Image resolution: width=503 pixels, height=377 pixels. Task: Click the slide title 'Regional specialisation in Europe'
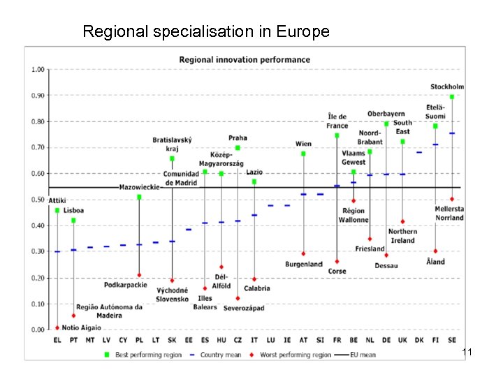pos(205,31)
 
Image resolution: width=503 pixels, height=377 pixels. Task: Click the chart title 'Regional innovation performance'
pos(245,59)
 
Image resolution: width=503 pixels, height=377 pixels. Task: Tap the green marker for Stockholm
pos(452,97)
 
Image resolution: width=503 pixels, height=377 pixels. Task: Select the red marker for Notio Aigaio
pos(57,328)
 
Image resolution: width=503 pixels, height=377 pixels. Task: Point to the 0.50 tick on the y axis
pos(37,200)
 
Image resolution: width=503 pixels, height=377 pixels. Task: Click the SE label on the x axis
pos(452,341)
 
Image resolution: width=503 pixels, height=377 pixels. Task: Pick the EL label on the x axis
pos(57,341)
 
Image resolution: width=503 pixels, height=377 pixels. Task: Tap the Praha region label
pos(238,138)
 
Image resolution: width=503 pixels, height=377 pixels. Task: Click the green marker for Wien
pos(303,154)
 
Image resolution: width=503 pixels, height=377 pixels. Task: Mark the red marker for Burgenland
pos(303,254)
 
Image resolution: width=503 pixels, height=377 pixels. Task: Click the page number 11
pos(467,354)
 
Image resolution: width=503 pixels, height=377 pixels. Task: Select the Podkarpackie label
pos(125,285)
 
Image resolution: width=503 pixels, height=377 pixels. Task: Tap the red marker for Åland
pos(435,251)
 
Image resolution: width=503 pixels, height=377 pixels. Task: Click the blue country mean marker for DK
pos(419,152)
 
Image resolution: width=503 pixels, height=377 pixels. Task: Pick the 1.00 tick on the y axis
pos(37,70)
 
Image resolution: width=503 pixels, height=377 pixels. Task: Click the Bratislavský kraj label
pos(172,145)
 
